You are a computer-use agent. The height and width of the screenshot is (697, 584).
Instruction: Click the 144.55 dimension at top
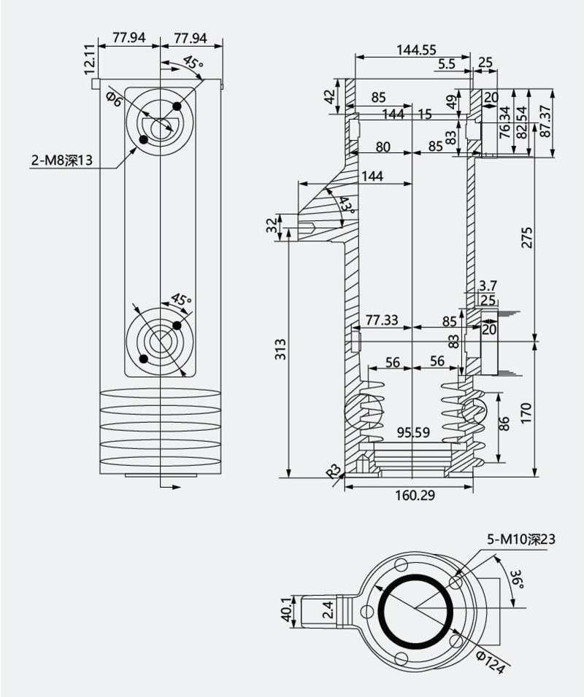click(x=416, y=50)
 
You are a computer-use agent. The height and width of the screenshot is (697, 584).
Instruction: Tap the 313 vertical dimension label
click(x=280, y=349)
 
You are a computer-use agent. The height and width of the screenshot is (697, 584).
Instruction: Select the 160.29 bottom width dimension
click(x=415, y=495)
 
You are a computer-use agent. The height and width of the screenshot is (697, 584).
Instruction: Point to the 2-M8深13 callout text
click(x=62, y=160)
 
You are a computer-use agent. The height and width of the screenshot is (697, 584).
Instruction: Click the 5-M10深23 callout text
click(x=521, y=540)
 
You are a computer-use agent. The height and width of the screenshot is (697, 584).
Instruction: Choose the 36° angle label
click(x=516, y=578)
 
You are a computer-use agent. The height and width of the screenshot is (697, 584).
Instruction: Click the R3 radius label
click(x=334, y=470)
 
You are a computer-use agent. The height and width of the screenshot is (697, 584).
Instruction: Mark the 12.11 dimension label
click(x=90, y=59)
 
